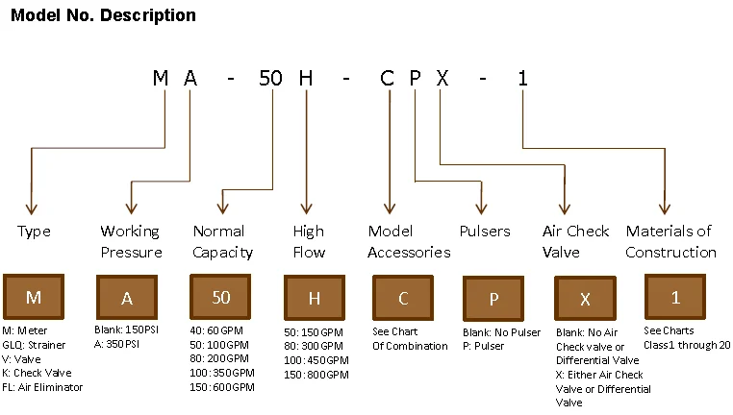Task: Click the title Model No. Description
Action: (x=103, y=15)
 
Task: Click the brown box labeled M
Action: (x=34, y=297)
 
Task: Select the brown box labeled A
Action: (x=127, y=298)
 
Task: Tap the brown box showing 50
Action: (x=220, y=297)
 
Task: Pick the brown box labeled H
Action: (x=315, y=298)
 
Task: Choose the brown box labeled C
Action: (x=403, y=298)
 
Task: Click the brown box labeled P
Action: (x=493, y=299)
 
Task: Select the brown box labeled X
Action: (x=585, y=299)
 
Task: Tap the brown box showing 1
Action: (x=675, y=298)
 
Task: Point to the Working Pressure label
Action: (x=131, y=242)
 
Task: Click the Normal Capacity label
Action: (x=222, y=242)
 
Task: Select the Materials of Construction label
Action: (x=670, y=242)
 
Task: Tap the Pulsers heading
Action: (x=485, y=232)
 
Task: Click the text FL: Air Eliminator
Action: (x=42, y=387)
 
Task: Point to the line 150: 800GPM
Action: (x=316, y=375)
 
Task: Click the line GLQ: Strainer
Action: (x=34, y=345)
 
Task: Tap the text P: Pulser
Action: (x=483, y=346)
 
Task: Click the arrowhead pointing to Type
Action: (x=32, y=208)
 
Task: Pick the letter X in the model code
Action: (x=442, y=78)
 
